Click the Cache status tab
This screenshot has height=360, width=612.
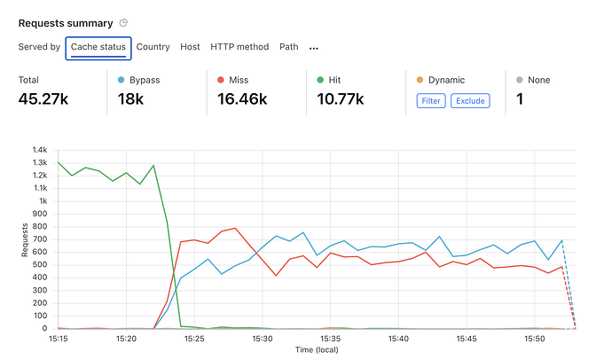coord(98,47)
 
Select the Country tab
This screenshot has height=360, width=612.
coord(153,47)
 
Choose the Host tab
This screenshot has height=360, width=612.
coord(190,47)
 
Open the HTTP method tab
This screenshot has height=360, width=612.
coord(239,47)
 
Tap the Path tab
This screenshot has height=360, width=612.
coord(289,47)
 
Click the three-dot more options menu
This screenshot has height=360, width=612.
coord(314,48)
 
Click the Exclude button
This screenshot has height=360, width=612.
coord(470,101)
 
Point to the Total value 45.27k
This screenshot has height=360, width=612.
coord(43,99)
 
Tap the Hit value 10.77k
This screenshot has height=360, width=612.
coord(341,99)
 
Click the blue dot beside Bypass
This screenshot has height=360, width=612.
coord(122,81)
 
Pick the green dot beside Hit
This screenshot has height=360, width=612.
coord(320,81)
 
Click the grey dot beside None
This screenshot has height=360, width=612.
coord(520,81)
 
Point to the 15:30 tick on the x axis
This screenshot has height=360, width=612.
coord(262,339)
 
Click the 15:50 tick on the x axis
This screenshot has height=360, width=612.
coord(535,339)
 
